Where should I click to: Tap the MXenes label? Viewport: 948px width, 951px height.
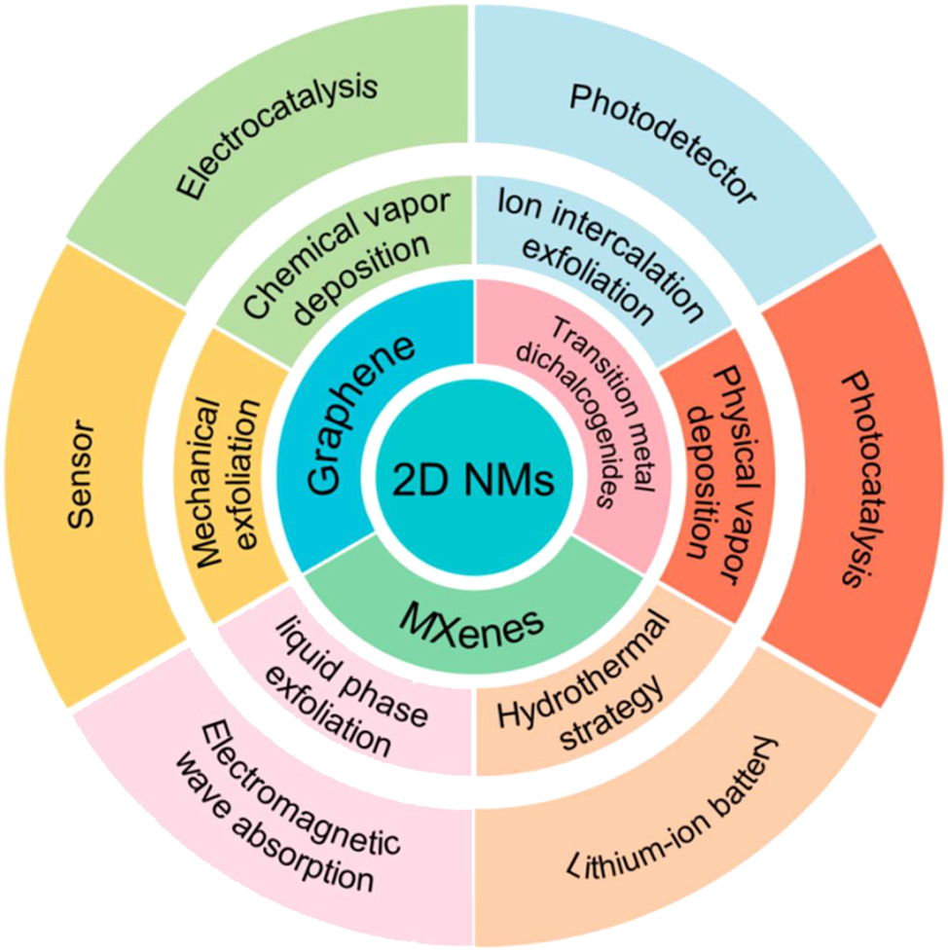[475, 624]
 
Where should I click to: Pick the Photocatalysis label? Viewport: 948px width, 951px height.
[857, 477]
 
